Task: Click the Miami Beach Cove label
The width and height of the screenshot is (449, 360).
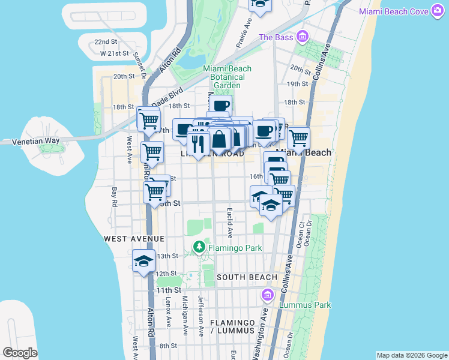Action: (x=394, y=12)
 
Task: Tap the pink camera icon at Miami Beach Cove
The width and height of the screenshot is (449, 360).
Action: (x=437, y=11)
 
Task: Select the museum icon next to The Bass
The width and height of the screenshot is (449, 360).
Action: (x=303, y=37)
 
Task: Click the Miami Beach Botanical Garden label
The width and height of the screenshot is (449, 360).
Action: (x=227, y=77)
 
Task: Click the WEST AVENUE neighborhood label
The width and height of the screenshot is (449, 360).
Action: (x=134, y=239)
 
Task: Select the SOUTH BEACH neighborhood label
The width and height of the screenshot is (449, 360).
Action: (x=247, y=277)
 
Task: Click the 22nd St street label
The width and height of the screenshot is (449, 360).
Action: (x=105, y=42)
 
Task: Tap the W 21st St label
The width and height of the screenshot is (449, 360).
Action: (x=115, y=53)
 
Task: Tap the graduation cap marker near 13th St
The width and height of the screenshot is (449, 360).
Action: (x=144, y=261)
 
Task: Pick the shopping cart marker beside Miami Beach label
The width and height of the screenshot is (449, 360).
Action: (x=298, y=139)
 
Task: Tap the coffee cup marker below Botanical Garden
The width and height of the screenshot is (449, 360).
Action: (x=220, y=106)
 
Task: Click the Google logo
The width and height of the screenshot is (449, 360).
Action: (x=20, y=353)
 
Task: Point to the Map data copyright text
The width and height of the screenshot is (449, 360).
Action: (x=411, y=355)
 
